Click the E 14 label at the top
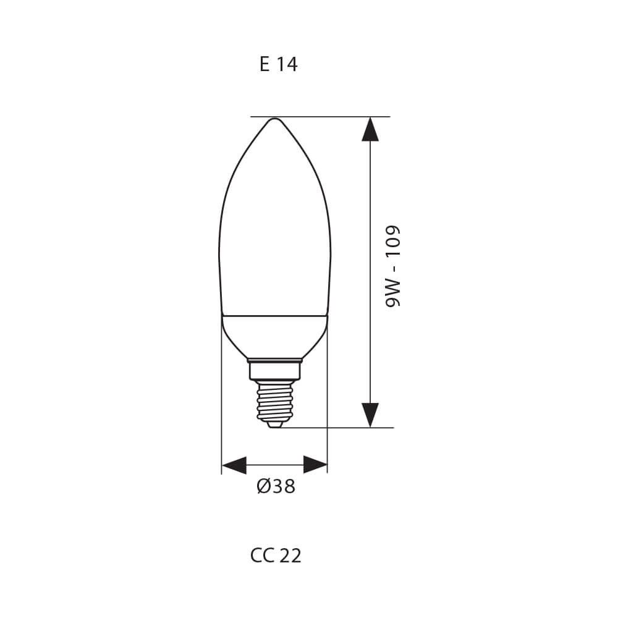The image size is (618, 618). point(278,64)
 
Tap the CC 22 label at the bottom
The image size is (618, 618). point(276,556)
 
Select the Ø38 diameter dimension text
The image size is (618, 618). point(276,487)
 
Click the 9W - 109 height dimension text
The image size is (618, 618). point(393,266)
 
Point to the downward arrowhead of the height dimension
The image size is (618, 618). point(370,415)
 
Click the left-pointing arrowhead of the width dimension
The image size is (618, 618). point(234,465)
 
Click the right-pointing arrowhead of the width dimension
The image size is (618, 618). point(315,465)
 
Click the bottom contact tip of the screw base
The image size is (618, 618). point(274,425)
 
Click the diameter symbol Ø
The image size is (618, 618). point(263,487)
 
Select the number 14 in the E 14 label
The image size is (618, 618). point(287,64)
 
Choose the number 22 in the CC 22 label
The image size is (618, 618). point(290,556)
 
